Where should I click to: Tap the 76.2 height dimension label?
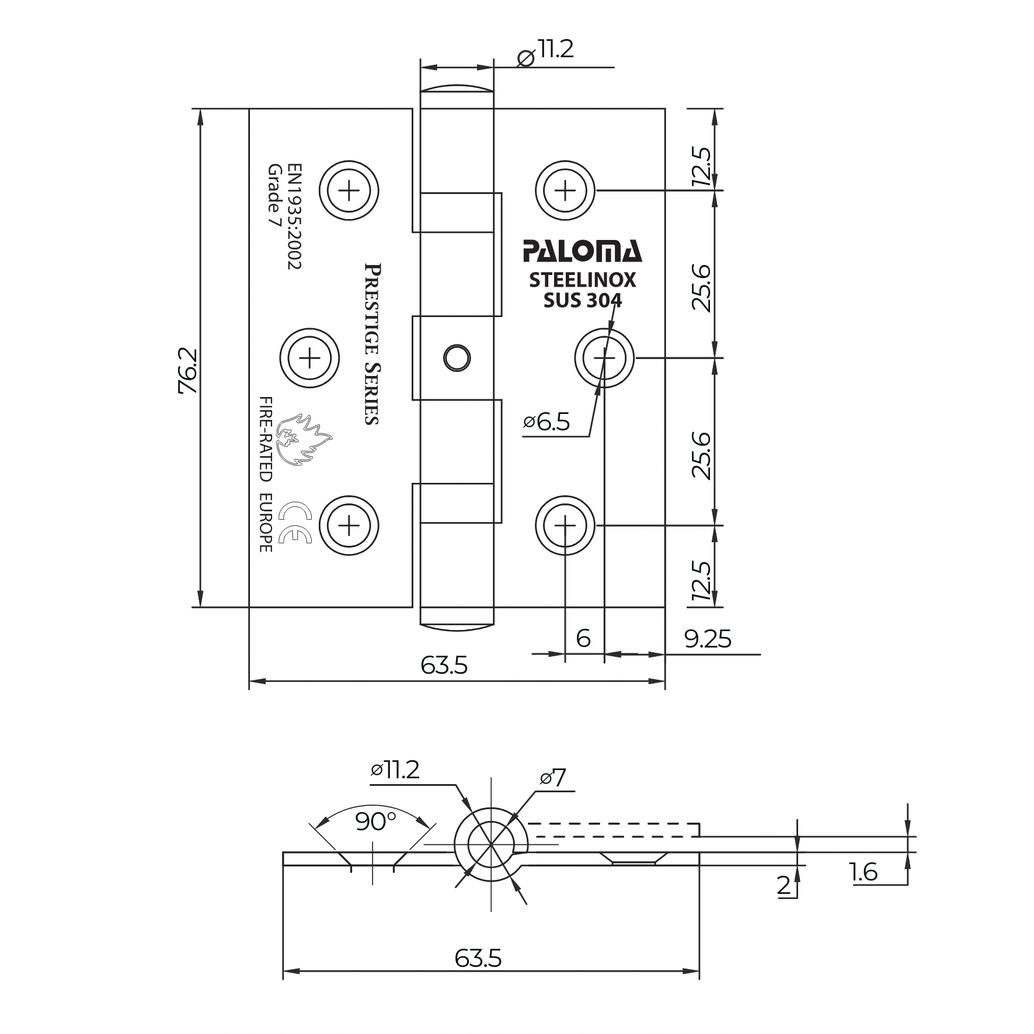(189, 371)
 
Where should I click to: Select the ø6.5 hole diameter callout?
(546, 422)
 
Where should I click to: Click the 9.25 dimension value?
(707, 639)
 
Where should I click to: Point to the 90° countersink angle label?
(375, 822)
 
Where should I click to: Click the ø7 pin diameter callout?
(553, 778)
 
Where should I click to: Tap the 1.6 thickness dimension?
(864, 872)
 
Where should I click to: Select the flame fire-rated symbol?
(303, 439)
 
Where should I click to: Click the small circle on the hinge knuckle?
(457, 357)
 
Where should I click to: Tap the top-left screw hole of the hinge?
(349, 190)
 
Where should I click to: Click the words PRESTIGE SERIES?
(372, 344)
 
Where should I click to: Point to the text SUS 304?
(582, 300)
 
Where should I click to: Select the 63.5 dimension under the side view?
(478, 958)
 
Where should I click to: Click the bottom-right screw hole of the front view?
(565, 525)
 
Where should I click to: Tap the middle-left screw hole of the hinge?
(309, 357)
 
